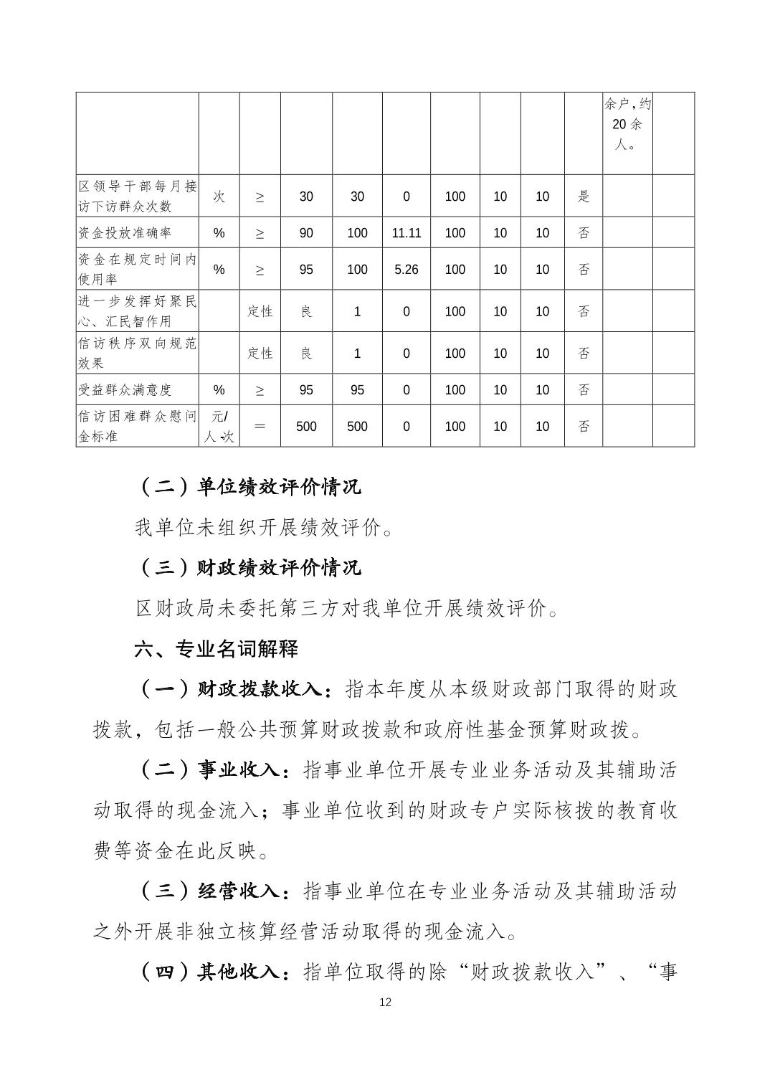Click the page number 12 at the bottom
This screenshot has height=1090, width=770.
385,1002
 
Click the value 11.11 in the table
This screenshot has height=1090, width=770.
406,233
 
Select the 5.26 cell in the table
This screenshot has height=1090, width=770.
406,270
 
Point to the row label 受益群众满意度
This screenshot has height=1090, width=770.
125,390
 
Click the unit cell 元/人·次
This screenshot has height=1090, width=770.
219,426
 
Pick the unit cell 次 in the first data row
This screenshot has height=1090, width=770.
219,196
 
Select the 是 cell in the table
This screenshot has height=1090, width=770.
584,196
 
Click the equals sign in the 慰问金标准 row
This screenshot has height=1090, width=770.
260,426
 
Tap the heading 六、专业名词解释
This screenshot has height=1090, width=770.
216,650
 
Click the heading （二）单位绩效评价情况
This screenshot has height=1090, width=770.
248,487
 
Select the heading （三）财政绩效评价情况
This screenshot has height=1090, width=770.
248,568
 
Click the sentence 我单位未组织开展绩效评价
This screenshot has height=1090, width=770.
263,529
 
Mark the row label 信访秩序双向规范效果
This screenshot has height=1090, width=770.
136,354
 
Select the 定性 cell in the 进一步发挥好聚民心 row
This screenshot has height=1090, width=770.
260,311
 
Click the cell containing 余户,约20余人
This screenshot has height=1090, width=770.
627,124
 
